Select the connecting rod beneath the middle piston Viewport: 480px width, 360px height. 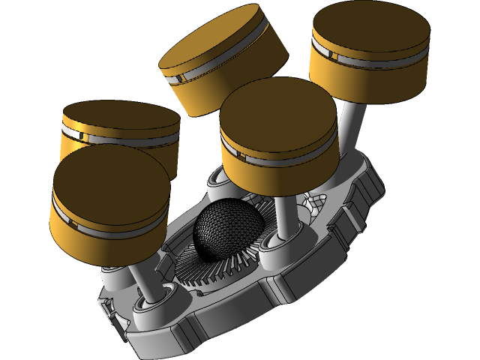[283, 214]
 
